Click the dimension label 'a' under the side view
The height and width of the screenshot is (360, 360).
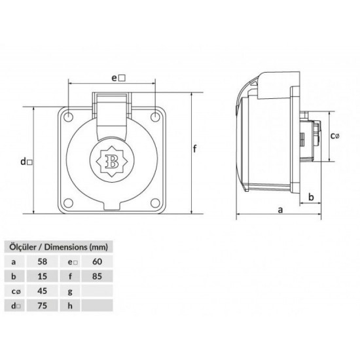click(280, 209)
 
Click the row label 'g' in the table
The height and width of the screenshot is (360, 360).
click(69, 291)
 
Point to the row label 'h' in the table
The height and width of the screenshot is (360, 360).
click(69, 305)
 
